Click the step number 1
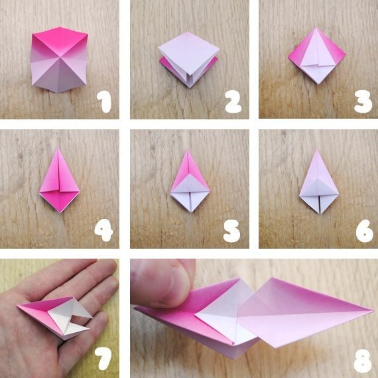(x=104, y=102)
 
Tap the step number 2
(x=233, y=101)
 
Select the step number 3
(x=363, y=101)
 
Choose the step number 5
(x=231, y=231)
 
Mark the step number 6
(x=365, y=231)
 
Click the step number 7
(x=103, y=359)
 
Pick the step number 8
(x=363, y=361)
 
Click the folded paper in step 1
(x=59, y=60)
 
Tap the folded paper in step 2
(x=189, y=60)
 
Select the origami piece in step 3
(x=317, y=56)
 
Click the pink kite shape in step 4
(x=59, y=180)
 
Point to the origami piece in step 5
(x=190, y=181)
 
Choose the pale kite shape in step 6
(x=319, y=182)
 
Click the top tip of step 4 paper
(x=58, y=148)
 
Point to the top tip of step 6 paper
(x=317, y=149)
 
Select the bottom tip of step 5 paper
(x=191, y=212)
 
